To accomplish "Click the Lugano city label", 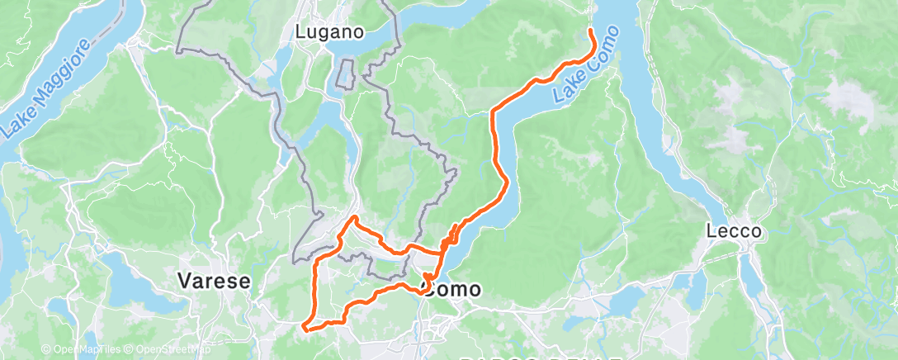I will [x=330, y=33].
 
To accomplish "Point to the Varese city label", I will [x=215, y=282].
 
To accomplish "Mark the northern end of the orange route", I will [x=591, y=31].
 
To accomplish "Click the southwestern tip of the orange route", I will [x=304, y=328].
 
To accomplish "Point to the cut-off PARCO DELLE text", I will [x=541, y=358].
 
